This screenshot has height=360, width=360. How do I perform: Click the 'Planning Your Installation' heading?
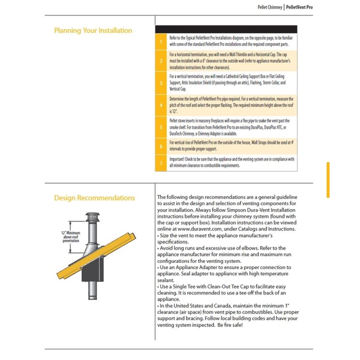pyautogui.click(x=93, y=30)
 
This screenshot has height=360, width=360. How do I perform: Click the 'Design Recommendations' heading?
pyautogui.click(x=94, y=198)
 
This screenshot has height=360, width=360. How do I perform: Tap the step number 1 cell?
pyautogui.click(x=161, y=42)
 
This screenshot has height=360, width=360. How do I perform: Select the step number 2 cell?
pyautogui.click(x=161, y=61)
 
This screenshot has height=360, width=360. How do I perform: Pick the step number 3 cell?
pyautogui.click(x=161, y=83)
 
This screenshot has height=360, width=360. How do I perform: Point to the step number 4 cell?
pyautogui.click(x=161, y=105)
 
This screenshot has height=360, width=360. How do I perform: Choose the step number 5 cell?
pyautogui.click(x=161, y=127)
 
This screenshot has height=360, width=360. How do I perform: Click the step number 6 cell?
pyautogui.click(x=161, y=146)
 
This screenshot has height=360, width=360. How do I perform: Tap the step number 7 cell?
pyautogui.click(x=161, y=163)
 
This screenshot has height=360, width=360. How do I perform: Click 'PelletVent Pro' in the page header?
pyautogui.click(x=300, y=7)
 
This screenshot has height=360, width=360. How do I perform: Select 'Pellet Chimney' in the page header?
pyautogui.click(x=270, y=7)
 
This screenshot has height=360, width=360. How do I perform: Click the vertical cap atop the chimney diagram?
pyautogui.click(x=93, y=217)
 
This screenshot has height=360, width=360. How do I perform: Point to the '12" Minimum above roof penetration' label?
pyautogui.click(x=71, y=237)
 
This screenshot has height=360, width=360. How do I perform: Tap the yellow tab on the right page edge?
pyautogui.click(x=328, y=180)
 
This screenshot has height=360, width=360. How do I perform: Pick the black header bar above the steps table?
pyautogui.click(x=226, y=29)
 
